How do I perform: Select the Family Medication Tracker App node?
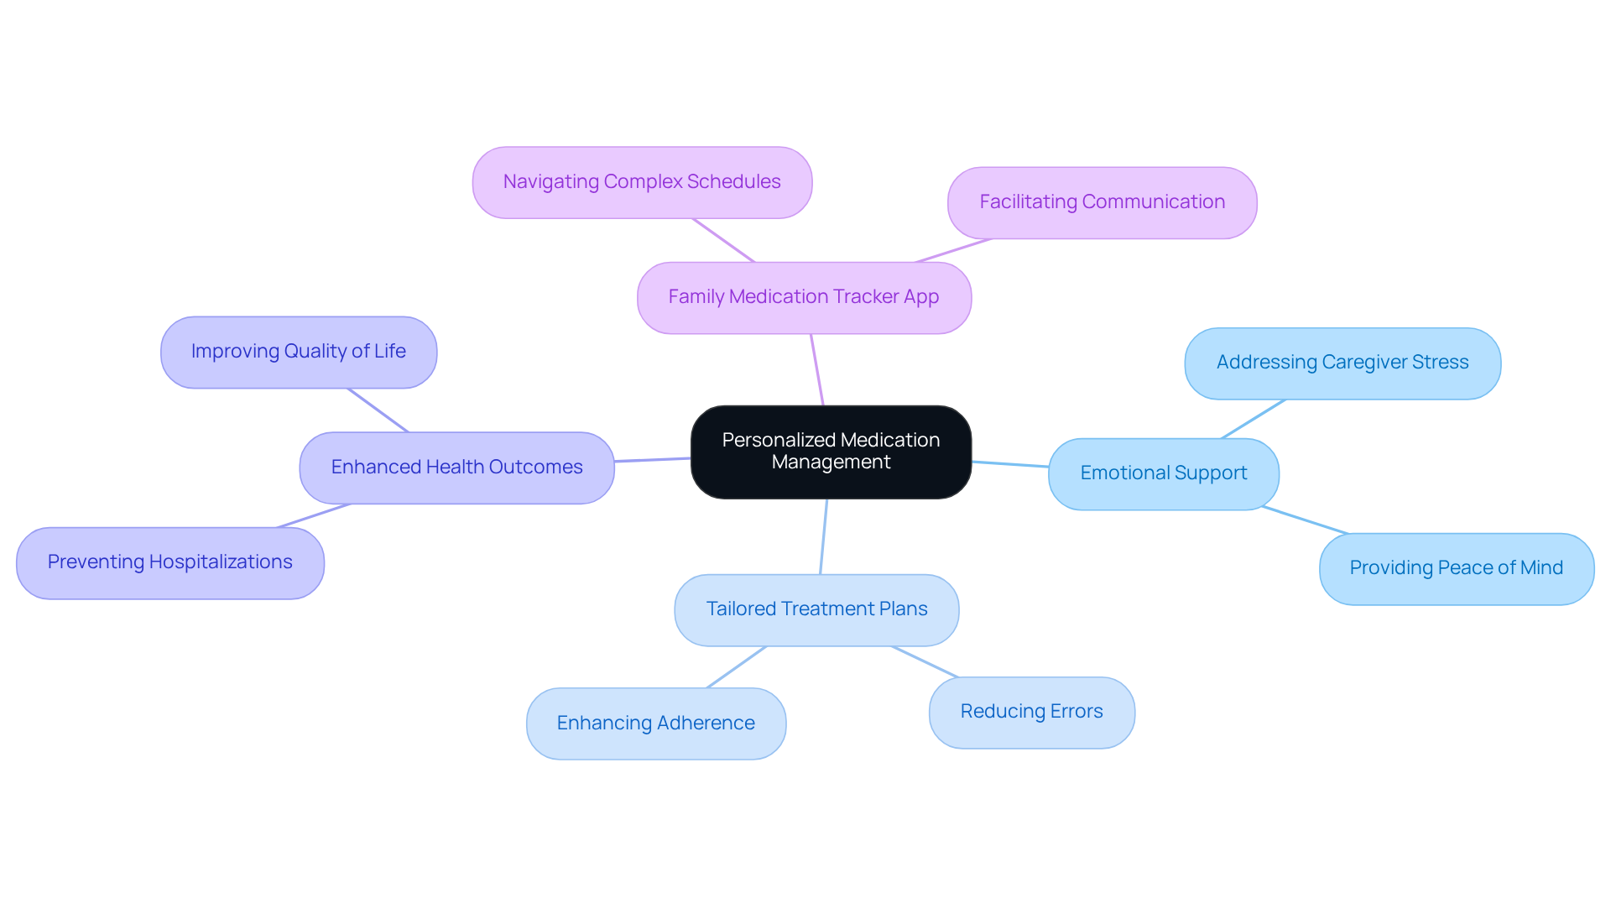coord(804,297)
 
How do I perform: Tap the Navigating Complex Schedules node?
coord(642,182)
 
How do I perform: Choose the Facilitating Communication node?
coord(1102,202)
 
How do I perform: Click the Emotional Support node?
coord(1163,473)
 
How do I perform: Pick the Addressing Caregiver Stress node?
coord(1342,363)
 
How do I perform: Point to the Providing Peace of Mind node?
coord(1456,568)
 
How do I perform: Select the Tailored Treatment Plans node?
coord(816,609)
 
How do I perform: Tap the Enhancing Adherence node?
coord(655,724)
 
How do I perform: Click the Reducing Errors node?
coord(1031,712)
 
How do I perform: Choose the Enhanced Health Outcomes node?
coord(456,468)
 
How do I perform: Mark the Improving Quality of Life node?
coord(298,352)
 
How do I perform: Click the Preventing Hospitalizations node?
coord(169,562)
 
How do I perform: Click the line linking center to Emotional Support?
coord(1010,464)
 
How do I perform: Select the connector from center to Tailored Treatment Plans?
coord(824,536)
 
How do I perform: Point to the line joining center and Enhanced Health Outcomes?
coord(652,460)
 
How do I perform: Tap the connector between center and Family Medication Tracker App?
coord(817,369)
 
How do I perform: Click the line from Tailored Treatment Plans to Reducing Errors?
coord(925,661)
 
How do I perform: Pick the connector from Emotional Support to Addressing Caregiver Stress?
coord(1254,419)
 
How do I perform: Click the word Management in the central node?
coord(831,462)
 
